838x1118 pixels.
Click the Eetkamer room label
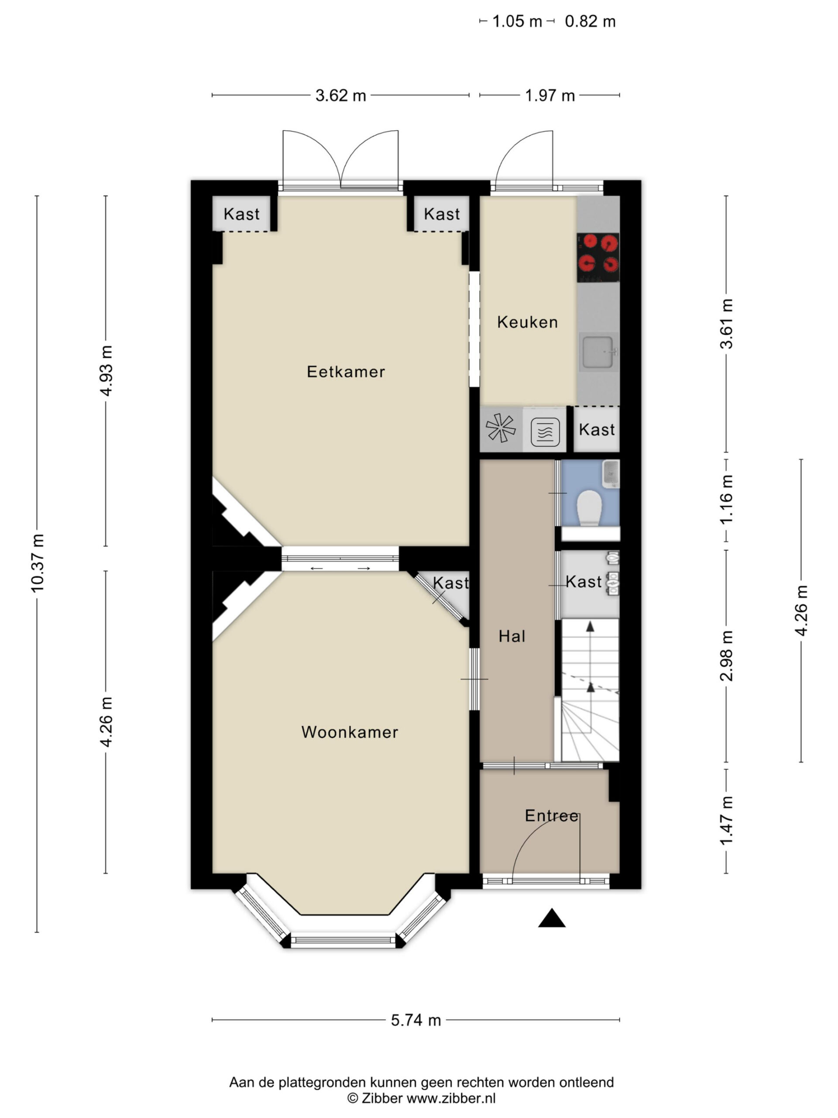[x=346, y=372]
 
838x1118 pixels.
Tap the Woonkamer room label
[x=350, y=732]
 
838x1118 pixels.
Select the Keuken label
[x=527, y=322]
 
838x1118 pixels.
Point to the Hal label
[x=512, y=636]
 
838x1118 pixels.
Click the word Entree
[x=552, y=815]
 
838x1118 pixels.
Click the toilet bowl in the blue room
[x=590, y=508]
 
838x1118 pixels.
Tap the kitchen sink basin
[x=598, y=352]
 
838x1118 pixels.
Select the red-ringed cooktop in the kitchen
[x=598, y=257]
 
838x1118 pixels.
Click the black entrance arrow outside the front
[x=552, y=918]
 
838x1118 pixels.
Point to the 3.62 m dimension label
[x=340, y=95]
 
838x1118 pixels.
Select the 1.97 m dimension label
[x=550, y=95]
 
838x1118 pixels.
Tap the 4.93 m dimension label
[x=106, y=370]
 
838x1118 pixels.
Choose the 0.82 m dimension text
[x=590, y=21]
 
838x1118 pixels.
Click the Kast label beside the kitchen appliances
[x=597, y=429]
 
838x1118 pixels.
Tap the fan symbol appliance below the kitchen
[x=501, y=428]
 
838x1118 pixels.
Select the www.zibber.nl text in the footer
[x=451, y=1098]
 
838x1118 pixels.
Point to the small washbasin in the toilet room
[x=611, y=473]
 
